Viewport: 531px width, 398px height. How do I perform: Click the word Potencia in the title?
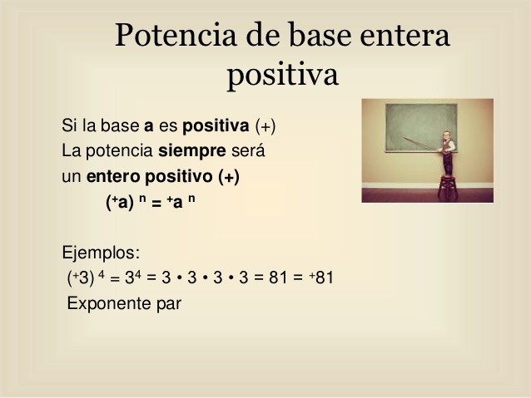[x=176, y=35]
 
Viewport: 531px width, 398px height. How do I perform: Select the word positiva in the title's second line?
[x=283, y=76]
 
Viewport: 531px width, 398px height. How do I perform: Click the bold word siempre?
[x=192, y=151]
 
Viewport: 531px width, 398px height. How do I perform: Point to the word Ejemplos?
[x=101, y=253]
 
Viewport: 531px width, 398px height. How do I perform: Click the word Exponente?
[x=109, y=303]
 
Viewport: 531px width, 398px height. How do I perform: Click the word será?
[x=248, y=151]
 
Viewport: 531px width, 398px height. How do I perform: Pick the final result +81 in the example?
[x=321, y=278]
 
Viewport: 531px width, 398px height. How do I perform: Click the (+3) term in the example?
[x=81, y=278]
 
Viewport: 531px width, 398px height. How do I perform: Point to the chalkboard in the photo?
[x=421, y=128]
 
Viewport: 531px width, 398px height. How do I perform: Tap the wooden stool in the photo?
[x=448, y=188]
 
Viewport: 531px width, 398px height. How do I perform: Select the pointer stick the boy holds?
[x=422, y=144]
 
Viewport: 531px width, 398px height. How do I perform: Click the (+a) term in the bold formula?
[x=120, y=202]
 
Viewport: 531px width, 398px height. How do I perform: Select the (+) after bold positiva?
[x=265, y=126]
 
